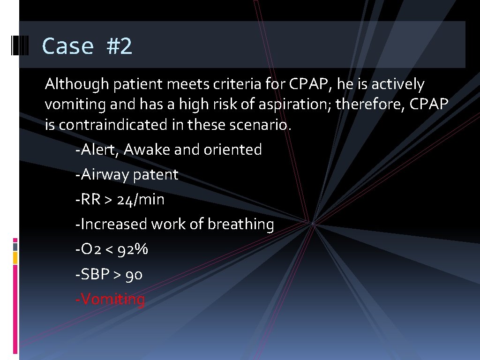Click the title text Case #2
[x=87, y=46]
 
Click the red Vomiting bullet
[x=110, y=299]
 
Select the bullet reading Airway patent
[x=127, y=175]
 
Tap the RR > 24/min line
[x=120, y=200]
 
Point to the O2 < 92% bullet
[x=112, y=249]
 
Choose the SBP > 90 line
[x=109, y=274]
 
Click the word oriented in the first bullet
[x=233, y=150]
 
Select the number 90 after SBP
[x=134, y=274]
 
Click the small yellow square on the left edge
[x=15, y=257]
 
